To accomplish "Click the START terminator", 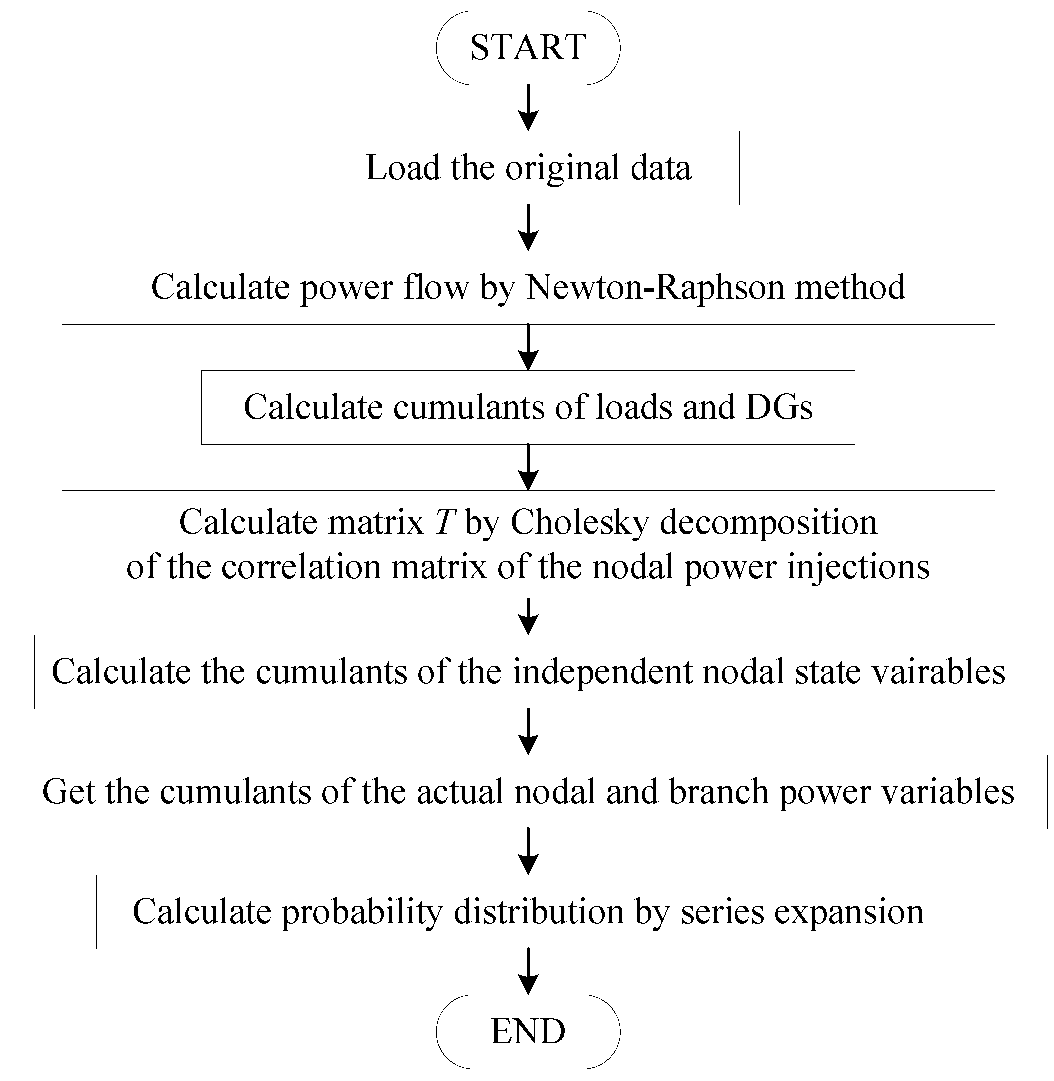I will point(528,47).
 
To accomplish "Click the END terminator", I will point(528,1031).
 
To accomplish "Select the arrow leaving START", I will point(528,107).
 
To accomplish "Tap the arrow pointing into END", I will point(528,971).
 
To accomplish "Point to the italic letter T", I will point(445,522).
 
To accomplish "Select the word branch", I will point(717,792).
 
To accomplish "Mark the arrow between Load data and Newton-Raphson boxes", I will point(528,228).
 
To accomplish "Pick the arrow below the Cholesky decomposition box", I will point(528,616).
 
